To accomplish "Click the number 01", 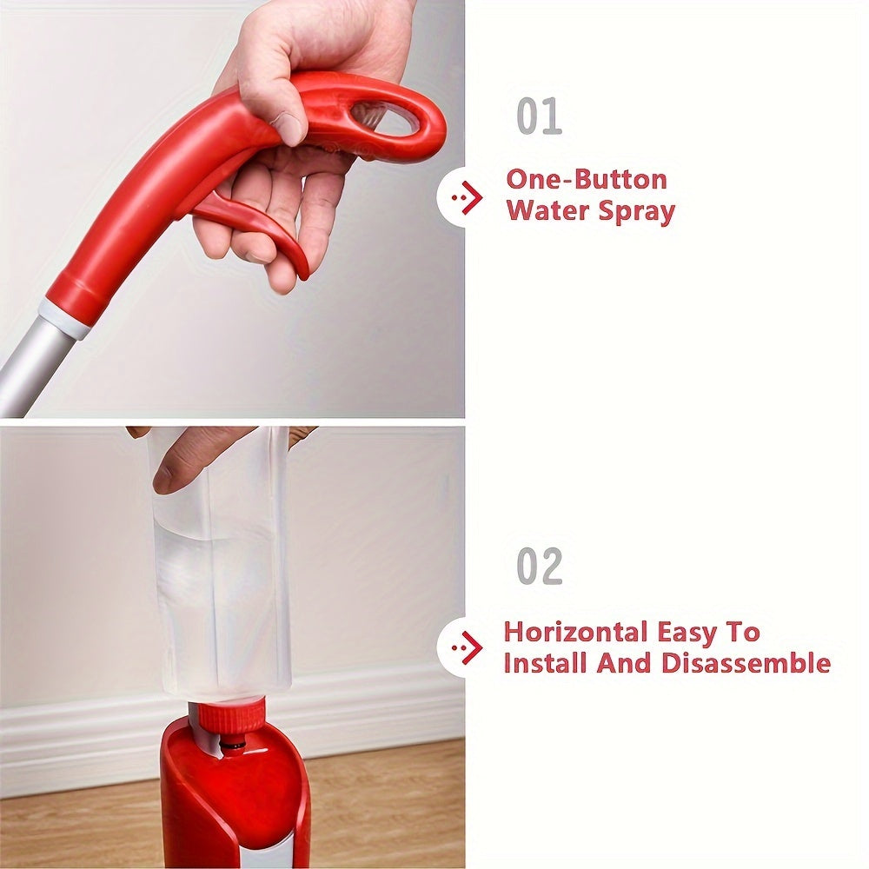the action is click(539, 116).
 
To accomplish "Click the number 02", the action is click(540, 566).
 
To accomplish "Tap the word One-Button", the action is click(587, 180).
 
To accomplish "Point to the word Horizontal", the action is click(576, 632).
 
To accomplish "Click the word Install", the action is click(544, 663).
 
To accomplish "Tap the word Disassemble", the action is click(746, 663).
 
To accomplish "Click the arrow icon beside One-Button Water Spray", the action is click(468, 197).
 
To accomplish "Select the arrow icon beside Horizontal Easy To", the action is click(468, 647).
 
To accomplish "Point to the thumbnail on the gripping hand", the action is click(289, 128).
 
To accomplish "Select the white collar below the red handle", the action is click(64, 319).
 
